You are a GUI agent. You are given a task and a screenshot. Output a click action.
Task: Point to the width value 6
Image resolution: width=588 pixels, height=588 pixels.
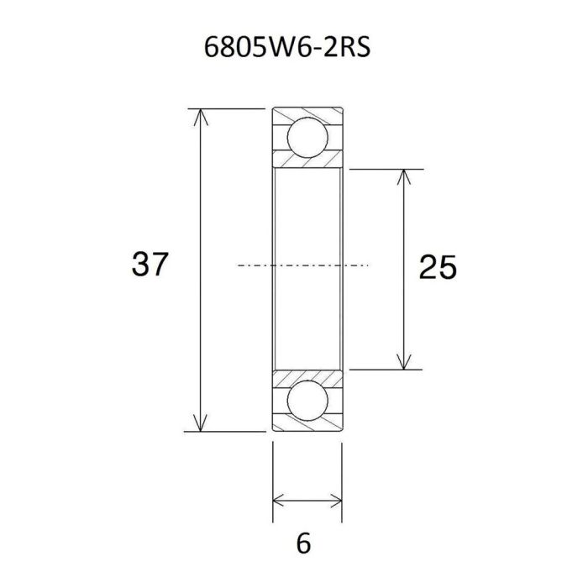(x=304, y=543)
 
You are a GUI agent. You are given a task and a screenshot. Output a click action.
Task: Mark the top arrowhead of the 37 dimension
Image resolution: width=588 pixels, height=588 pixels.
(x=200, y=115)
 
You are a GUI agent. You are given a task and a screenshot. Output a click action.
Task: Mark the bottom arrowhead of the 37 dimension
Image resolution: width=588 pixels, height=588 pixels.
(x=200, y=424)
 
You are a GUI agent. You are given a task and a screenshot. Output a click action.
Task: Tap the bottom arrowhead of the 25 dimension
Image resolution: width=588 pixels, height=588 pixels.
(x=407, y=362)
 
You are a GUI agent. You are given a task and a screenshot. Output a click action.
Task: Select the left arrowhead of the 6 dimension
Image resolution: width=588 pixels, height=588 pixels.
(x=279, y=501)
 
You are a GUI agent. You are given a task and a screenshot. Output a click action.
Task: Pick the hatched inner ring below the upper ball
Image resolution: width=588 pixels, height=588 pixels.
(x=307, y=163)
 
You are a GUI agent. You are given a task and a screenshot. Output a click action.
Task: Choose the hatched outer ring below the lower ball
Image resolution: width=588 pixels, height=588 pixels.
(x=307, y=426)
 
